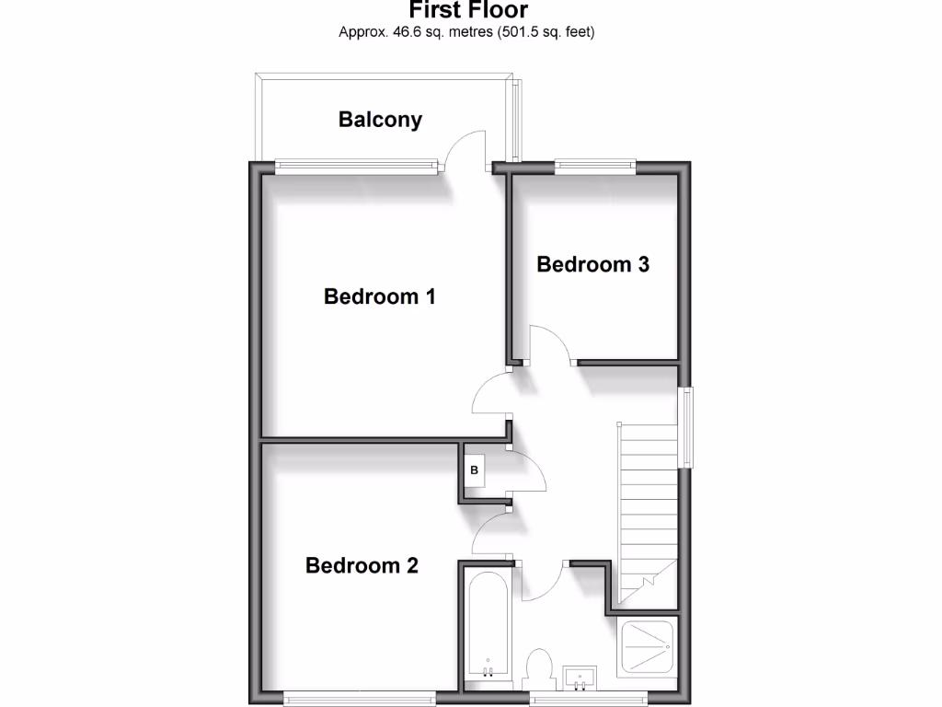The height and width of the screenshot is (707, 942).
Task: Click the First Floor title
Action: click(468, 10)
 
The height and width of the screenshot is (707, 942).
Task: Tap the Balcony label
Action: click(380, 119)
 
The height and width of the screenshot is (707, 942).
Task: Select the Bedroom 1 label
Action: click(379, 296)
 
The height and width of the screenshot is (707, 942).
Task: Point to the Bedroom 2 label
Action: click(362, 565)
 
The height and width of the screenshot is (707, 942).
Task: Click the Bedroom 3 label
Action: click(592, 264)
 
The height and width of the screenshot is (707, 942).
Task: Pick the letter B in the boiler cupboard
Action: click(475, 471)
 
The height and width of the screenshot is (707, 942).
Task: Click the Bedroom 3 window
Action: click(595, 167)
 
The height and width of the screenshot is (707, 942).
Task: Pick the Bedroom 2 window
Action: click(359, 695)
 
